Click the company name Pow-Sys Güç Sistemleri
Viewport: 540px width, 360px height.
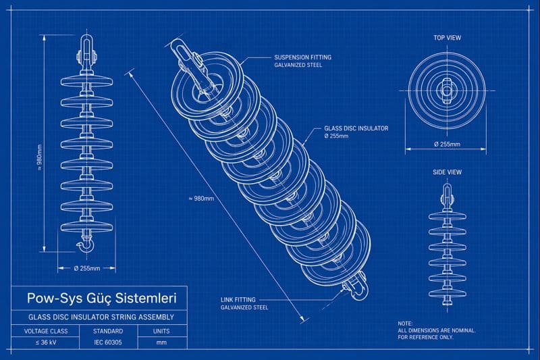point(101,298)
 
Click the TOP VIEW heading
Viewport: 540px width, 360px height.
point(447,38)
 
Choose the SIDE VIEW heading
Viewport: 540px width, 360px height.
point(447,172)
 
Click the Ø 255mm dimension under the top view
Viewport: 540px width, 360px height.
point(447,145)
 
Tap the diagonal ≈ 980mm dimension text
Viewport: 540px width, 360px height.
point(200,198)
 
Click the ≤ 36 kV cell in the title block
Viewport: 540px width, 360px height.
point(45,342)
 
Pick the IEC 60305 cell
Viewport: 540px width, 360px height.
point(108,342)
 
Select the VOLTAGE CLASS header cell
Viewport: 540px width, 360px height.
point(45,331)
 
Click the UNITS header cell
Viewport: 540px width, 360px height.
point(162,331)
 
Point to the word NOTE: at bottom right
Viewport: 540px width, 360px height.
point(405,324)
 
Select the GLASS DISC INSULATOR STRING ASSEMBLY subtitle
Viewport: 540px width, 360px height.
point(101,317)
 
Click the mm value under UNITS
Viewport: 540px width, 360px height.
point(162,342)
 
